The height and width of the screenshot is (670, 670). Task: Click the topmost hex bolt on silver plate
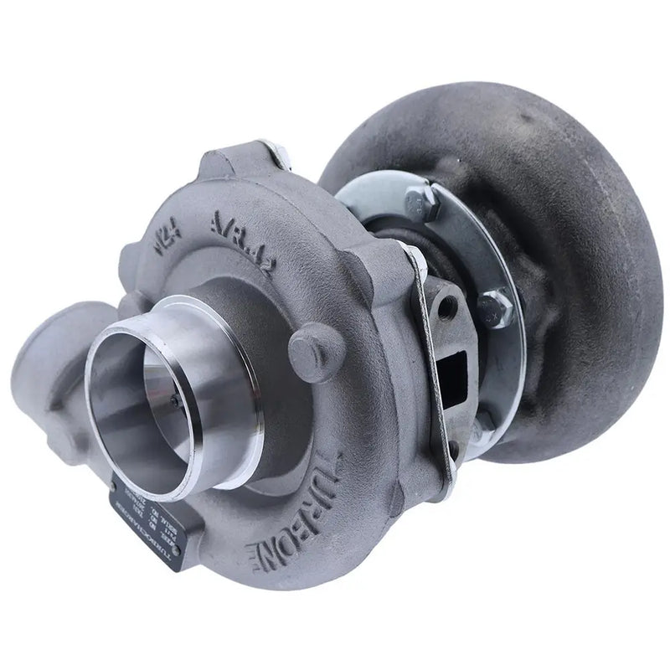point(415,201)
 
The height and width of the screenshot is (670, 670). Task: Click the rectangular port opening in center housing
point(456,368)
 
